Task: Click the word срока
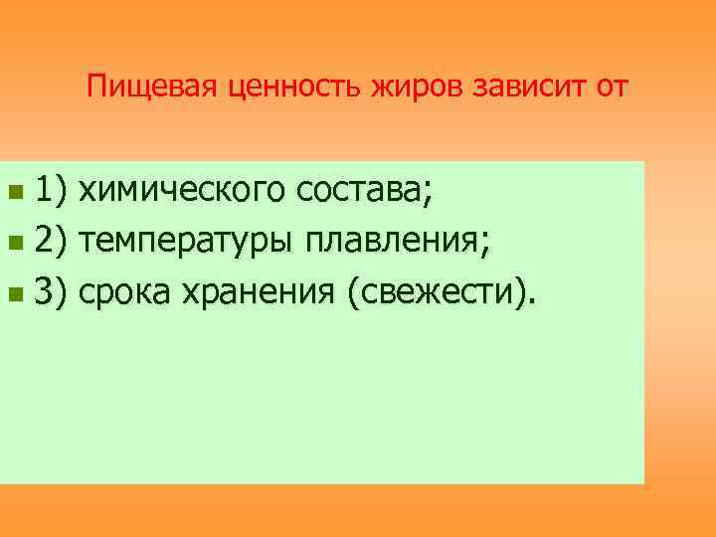(x=125, y=292)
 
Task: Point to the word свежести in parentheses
(x=439, y=292)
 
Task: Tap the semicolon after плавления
(x=485, y=244)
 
